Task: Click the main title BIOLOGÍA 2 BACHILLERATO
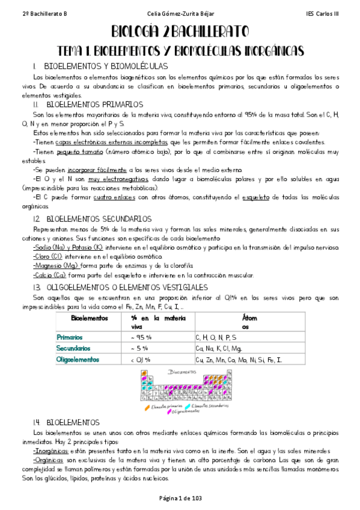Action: tap(180, 32)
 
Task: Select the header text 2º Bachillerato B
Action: tap(28, 13)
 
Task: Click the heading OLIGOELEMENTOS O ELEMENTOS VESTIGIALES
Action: tap(129, 287)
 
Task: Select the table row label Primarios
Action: tap(70, 337)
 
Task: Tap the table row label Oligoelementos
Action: tap(76, 359)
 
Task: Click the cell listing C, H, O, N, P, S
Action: tap(220, 337)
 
